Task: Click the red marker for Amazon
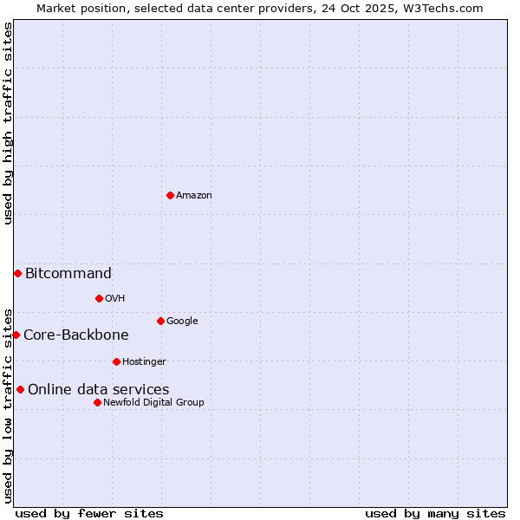point(170,195)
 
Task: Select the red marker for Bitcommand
point(17,273)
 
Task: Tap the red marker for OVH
point(99,298)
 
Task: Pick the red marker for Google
point(160,321)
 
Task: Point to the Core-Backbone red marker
point(16,335)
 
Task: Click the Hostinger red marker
point(116,361)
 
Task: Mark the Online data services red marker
point(20,389)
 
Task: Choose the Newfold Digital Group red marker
point(97,402)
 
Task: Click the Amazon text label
point(194,196)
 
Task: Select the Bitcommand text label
point(68,274)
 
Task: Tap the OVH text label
point(115,299)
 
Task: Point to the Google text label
point(182,322)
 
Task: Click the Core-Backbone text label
point(76,335)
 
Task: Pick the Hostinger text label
point(144,362)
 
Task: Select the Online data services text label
point(99,390)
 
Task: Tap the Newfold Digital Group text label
point(153,403)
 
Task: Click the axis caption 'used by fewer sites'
point(89,513)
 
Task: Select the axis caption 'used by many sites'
point(435,513)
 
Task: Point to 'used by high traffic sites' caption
point(8,123)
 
